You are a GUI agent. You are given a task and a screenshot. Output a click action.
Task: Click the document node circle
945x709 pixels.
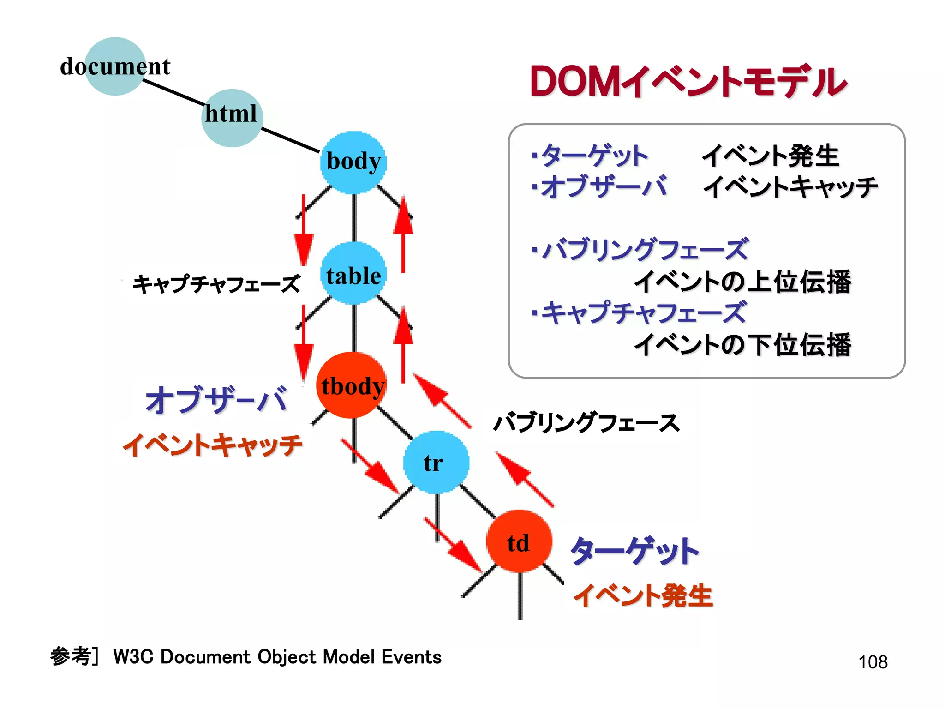click(115, 66)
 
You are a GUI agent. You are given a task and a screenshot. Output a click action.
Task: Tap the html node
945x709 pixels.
click(232, 118)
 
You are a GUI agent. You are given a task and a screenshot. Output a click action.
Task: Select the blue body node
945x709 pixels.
click(353, 162)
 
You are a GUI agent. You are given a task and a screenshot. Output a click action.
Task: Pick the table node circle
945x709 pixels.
click(353, 273)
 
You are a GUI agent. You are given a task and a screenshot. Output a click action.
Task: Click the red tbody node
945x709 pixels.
click(352, 385)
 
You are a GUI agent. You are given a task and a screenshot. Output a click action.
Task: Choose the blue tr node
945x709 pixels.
click(436, 462)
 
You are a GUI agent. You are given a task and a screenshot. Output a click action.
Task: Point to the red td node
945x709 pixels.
click(519, 541)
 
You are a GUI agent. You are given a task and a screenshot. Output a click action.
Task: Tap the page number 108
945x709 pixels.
click(873, 662)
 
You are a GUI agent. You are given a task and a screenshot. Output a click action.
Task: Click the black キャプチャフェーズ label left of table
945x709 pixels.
click(216, 283)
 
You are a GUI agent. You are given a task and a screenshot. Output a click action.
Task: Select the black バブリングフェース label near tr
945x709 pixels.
click(586, 422)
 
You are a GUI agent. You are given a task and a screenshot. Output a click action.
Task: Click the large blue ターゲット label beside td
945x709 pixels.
click(635, 550)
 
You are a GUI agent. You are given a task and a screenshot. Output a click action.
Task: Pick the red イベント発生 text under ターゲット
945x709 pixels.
click(643, 595)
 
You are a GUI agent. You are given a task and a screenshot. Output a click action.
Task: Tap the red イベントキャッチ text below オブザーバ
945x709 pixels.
click(212, 445)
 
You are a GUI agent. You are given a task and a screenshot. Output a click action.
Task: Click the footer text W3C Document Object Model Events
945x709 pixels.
click(277, 657)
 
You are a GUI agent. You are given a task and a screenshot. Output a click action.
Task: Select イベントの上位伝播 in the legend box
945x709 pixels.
click(742, 282)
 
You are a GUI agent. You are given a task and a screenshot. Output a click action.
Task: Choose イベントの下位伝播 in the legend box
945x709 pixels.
click(742, 344)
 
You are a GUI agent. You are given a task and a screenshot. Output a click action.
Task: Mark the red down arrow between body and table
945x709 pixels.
click(304, 231)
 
